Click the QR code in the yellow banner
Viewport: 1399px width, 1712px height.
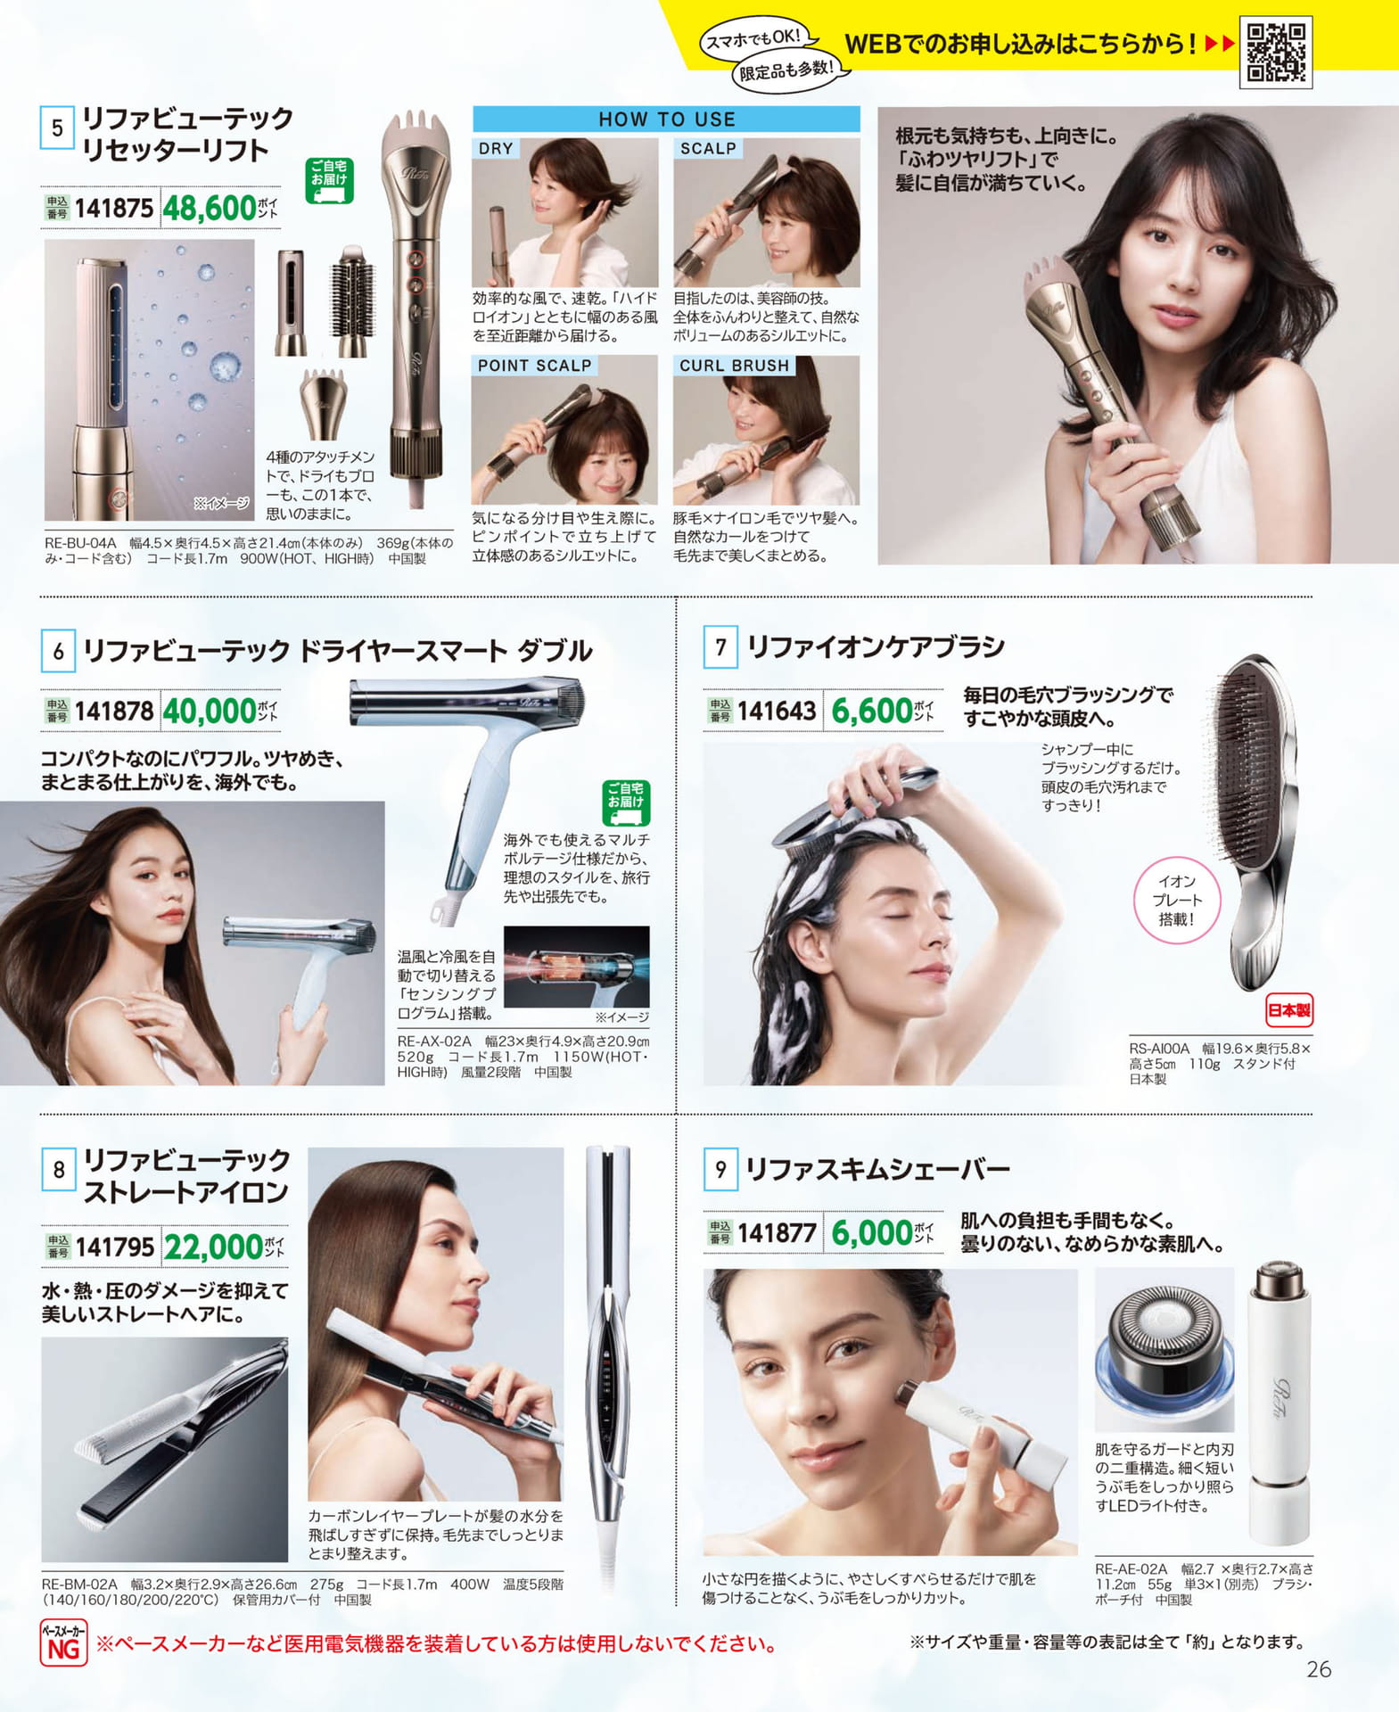1275,52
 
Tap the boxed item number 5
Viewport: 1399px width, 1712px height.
57,128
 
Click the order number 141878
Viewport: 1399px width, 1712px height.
114,711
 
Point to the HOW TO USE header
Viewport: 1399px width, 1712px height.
666,119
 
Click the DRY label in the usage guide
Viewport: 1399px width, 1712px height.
496,148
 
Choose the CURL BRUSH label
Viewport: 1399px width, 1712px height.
734,366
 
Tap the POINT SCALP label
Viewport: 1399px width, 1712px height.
534,366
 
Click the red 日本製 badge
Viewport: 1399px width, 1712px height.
1289,1010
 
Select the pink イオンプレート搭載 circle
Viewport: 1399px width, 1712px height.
1176,901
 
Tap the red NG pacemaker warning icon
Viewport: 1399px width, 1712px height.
63,1643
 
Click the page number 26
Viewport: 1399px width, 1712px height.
1319,1669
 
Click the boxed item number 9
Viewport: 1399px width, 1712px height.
720,1169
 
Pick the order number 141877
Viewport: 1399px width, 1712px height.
777,1233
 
